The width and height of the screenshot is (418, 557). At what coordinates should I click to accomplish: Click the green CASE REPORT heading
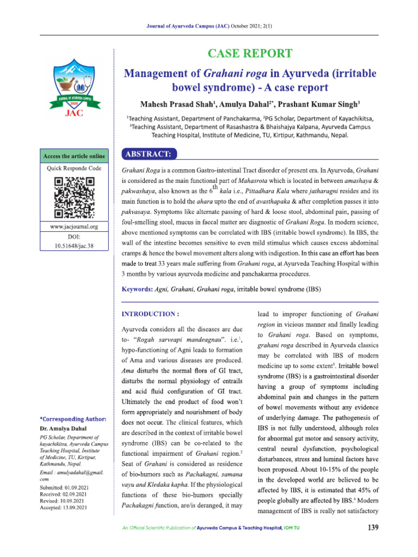click(x=250, y=53)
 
